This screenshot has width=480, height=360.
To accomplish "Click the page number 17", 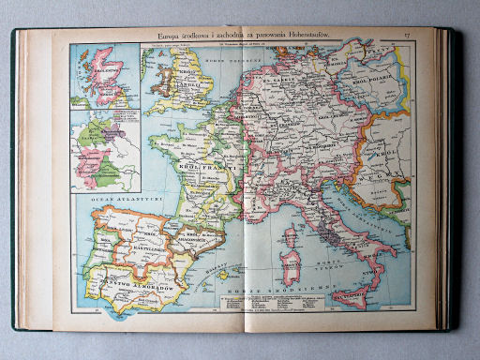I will (407, 37).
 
